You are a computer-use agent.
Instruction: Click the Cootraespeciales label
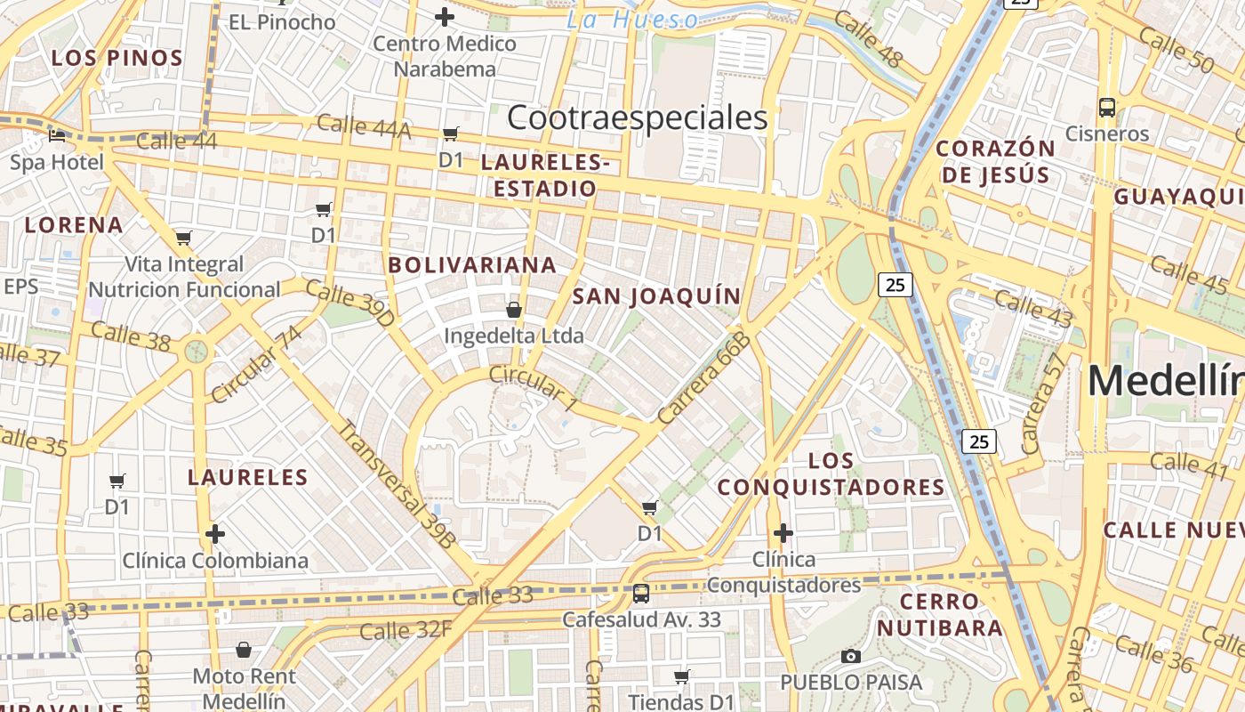pyautogui.click(x=637, y=117)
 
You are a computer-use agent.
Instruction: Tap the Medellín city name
pyautogui.click(x=1165, y=381)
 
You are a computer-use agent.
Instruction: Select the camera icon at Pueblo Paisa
pyautogui.click(x=851, y=657)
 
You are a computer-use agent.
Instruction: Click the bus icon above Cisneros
pyautogui.click(x=1107, y=108)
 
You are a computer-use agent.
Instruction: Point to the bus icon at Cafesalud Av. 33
pyautogui.click(x=640, y=593)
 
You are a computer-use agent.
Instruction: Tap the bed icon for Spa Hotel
pyautogui.click(x=57, y=136)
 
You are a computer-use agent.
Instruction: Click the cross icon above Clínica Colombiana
pyautogui.click(x=214, y=534)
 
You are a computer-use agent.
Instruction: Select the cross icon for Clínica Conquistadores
pyautogui.click(x=783, y=533)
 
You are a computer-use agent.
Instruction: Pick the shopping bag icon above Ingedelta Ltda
pyautogui.click(x=513, y=310)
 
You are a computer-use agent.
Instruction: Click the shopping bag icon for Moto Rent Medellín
pyautogui.click(x=243, y=651)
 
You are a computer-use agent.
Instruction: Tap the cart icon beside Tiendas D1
pyautogui.click(x=681, y=677)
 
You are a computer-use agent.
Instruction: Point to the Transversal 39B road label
pyautogui.click(x=397, y=482)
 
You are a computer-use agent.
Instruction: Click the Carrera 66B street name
pyautogui.click(x=705, y=377)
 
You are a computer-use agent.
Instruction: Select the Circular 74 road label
pyautogui.click(x=256, y=363)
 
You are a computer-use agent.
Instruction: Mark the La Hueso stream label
pyautogui.click(x=632, y=20)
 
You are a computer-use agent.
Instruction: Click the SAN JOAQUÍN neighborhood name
pyautogui.click(x=656, y=296)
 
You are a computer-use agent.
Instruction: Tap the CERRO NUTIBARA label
pyautogui.click(x=940, y=614)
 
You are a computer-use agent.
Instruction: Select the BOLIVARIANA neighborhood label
pyautogui.click(x=472, y=264)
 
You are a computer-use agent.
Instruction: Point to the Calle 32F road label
pyautogui.click(x=406, y=631)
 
